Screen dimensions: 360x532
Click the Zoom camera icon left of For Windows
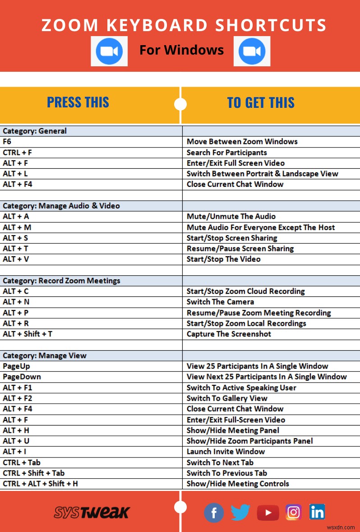pos(109,51)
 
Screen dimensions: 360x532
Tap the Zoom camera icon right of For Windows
pos(252,51)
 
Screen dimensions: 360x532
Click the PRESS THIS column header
pos(78,102)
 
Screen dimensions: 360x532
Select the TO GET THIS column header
pos(261,102)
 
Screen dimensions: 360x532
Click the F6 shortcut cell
pos(7,142)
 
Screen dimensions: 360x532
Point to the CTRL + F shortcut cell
pos(17,153)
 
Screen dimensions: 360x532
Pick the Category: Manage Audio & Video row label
pos(61,206)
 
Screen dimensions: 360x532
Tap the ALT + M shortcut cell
pos(17,227)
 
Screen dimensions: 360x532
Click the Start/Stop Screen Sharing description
pos(232,238)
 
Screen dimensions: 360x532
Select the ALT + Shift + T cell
pos(28,334)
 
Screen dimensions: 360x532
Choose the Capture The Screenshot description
pos(229,334)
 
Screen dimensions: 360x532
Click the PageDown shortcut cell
pos(22,377)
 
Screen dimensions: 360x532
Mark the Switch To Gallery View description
pos(227,398)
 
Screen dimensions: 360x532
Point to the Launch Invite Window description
pos(226,452)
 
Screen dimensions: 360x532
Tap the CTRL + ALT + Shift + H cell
pos(41,483)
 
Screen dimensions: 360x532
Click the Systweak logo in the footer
pos(92,512)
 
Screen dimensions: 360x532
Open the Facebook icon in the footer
pos(214,512)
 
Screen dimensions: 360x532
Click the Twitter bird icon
pos(240,512)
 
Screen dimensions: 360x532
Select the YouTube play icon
pos(268,512)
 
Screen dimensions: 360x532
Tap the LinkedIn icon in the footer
pos(317,512)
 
